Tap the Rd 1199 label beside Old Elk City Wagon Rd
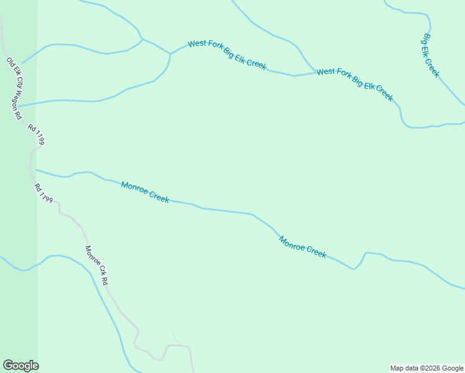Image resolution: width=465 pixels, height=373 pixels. (x=36, y=134)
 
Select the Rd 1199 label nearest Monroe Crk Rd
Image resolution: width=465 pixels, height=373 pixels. (x=43, y=193)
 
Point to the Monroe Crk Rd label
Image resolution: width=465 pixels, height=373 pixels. (x=97, y=266)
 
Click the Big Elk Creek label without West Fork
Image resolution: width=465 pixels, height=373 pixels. (x=431, y=55)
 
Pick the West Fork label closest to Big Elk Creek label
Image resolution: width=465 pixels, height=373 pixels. (x=354, y=85)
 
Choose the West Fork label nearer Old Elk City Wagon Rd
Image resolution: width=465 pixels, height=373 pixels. (x=227, y=53)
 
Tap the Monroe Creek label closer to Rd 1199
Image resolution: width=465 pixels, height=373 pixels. (x=145, y=192)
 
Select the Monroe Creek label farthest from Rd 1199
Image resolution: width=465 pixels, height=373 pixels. (x=302, y=247)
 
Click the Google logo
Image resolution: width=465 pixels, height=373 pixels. (x=21, y=366)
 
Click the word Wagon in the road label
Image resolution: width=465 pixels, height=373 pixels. (x=16, y=98)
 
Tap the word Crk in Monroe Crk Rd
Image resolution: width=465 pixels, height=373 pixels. (x=98, y=268)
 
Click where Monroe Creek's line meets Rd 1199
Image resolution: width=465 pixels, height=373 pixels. (x=35, y=169)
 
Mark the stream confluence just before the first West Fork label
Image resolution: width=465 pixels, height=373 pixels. (x=170, y=54)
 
